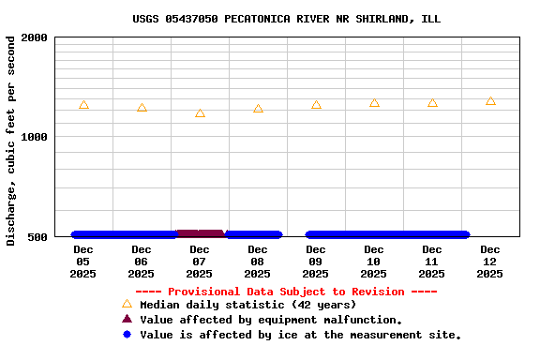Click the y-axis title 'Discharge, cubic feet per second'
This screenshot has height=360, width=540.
pyautogui.click(x=11, y=141)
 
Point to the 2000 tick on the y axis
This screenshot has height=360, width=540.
pyautogui.click(x=35, y=37)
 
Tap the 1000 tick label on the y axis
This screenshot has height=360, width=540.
pyautogui.click(x=35, y=137)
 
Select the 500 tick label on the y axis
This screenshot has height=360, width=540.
pyautogui.click(x=38, y=236)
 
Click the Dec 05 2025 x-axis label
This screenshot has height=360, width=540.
pyautogui.click(x=82, y=262)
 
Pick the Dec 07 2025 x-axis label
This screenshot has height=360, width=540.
pyautogui.click(x=199, y=262)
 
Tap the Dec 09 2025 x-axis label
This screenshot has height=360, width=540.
pyautogui.click(x=315, y=262)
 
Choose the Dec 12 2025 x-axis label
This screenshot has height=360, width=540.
pyautogui.click(x=489, y=262)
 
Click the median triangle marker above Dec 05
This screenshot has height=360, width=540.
pyautogui.click(x=83, y=105)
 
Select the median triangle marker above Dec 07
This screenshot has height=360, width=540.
pyautogui.click(x=200, y=113)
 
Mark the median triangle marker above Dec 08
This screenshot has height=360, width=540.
pyautogui.click(x=258, y=109)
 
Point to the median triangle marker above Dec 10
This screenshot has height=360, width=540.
pyautogui.click(x=374, y=103)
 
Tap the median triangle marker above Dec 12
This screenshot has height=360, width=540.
pyautogui.click(x=490, y=100)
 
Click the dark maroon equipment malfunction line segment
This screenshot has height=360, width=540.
pyautogui.click(x=200, y=233)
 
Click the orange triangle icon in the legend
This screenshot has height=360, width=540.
pyautogui.click(x=127, y=304)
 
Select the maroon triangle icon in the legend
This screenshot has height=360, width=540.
pyautogui.click(x=127, y=319)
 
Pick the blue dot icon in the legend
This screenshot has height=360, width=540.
pyautogui.click(x=127, y=334)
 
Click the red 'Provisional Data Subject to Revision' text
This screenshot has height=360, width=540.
pyautogui.click(x=286, y=292)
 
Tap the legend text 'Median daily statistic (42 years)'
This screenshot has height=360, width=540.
pyautogui.click(x=247, y=305)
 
